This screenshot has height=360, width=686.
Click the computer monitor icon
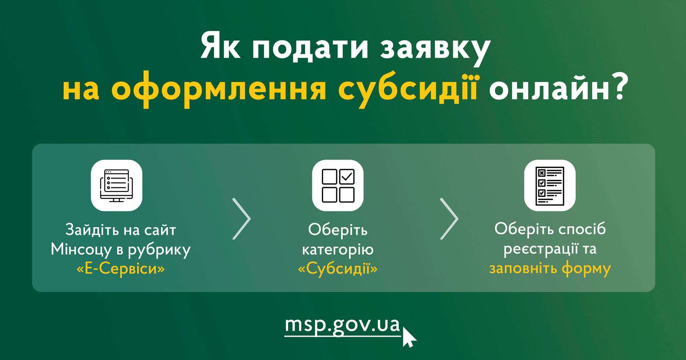(117, 186)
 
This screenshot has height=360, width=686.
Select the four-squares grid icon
(338, 186)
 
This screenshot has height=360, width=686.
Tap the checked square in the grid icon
(347, 177)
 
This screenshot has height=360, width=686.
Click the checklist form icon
(550, 186)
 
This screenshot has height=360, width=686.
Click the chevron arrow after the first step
(242, 219)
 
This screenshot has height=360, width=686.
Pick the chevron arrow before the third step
(449, 219)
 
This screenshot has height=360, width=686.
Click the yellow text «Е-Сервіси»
(121, 269)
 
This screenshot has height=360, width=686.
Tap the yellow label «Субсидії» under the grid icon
(338, 269)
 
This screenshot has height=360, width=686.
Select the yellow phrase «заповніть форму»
(550, 269)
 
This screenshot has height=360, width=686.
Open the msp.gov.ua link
(342, 325)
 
